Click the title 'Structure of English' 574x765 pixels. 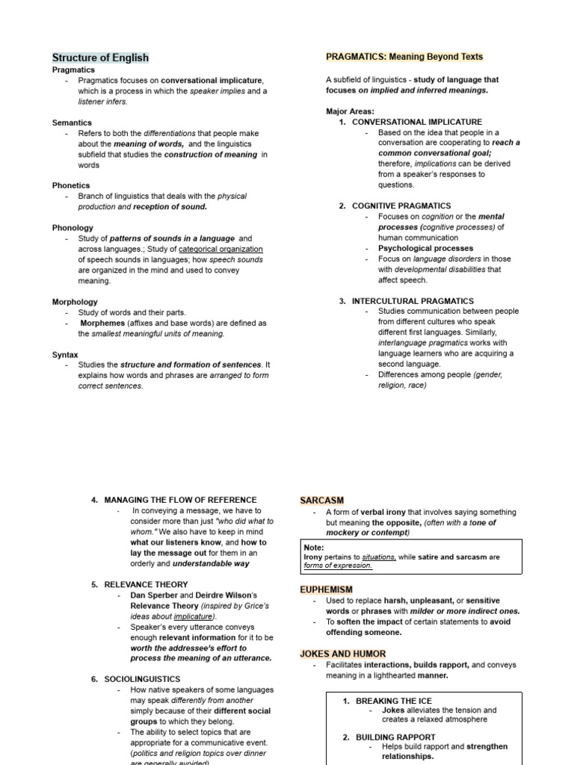pos(100,58)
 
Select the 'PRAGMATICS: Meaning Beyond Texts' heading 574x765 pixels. pos(404,57)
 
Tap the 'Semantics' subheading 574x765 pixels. pos(72,123)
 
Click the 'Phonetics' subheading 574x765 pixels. pos(71,185)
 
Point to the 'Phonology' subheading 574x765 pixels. pos(72,228)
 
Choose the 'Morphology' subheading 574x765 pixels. pos(75,302)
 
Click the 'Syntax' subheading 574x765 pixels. pos(65,355)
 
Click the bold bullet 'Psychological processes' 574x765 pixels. pos(425,248)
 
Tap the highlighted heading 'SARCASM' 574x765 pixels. pos(321,500)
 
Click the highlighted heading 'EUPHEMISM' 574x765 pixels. pos(326,589)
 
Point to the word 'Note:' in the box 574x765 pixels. pos(314,548)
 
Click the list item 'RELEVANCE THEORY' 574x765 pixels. pos(146,584)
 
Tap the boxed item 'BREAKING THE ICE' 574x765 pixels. pos(393,701)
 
